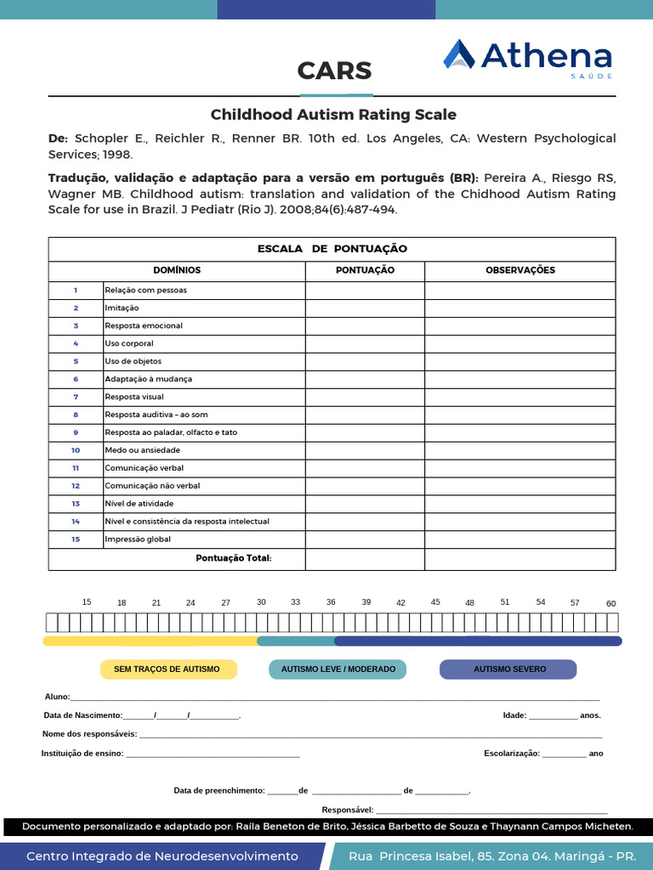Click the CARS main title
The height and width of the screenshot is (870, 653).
click(334, 71)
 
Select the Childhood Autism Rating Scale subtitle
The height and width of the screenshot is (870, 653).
click(333, 115)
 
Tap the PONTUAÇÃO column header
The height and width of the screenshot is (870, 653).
click(365, 270)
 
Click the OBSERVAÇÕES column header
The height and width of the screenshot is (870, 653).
click(520, 270)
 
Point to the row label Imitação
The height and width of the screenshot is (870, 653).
click(122, 308)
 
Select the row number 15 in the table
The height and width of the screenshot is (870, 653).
click(76, 539)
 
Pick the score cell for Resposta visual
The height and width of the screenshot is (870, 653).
click(365, 397)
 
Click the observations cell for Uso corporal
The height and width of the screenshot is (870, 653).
click(520, 343)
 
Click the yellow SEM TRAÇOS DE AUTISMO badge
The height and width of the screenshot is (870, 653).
click(167, 669)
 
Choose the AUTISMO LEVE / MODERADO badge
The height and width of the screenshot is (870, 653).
click(338, 669)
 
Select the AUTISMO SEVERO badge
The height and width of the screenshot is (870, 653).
click(508, 669)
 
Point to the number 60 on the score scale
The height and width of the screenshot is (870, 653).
click(610, 603)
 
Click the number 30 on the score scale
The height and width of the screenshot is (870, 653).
click(261, 602)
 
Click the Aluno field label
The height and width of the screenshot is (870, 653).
click(57, 697)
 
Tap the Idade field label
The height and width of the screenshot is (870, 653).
click(514, 715)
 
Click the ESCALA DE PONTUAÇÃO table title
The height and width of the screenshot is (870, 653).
click(332, 249)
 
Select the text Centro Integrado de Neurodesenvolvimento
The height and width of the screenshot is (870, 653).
click(162, 856)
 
